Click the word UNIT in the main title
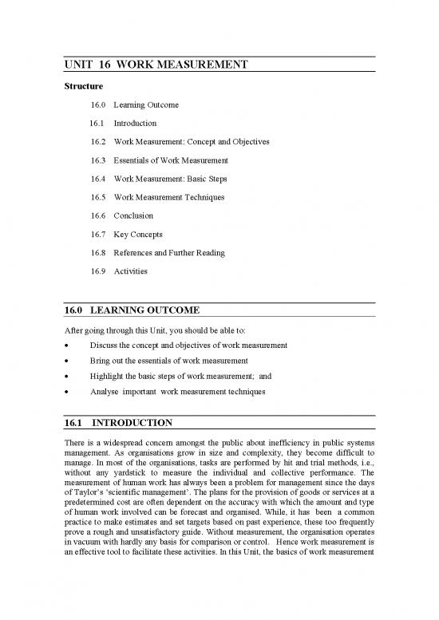click(79, 68)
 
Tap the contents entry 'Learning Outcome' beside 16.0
click(146, 105)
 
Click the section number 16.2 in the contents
click(98, 142)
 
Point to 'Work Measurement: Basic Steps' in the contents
click(172, 179)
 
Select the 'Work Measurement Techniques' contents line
click(168, 197)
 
